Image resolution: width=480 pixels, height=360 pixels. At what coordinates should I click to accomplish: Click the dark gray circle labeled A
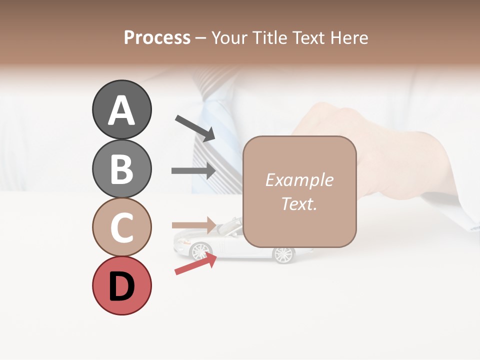coord(121,110)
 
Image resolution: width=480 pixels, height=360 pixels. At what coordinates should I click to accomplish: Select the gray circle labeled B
coord(121,168)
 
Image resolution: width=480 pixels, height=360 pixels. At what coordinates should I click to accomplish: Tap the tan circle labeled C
coord(121,227)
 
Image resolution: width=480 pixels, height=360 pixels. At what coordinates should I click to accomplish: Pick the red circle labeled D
coord(121,285)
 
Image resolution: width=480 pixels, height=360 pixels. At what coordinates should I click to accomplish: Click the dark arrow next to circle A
coord(194,128)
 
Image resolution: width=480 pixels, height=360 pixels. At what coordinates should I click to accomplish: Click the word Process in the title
coord(157,37)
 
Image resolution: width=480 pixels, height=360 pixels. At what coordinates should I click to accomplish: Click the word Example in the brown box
coord(299,180)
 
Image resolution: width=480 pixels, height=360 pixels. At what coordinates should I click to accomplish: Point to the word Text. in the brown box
coord(299,203)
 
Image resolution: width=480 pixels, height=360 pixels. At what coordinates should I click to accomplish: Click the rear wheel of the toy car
coord(282,255)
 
